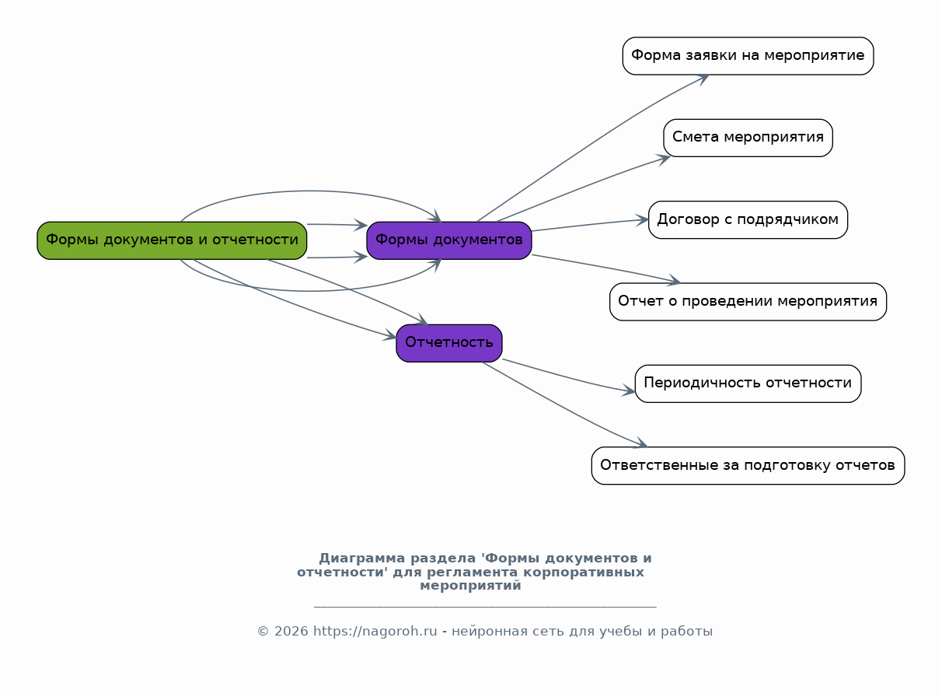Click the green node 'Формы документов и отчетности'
click(172, 240)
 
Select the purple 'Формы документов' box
click(449, 240)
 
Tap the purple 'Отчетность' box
click(449, 343)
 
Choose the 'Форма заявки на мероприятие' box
click(748, 56)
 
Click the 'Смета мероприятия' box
click(748, 138)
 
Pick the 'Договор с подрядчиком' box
click(748, 220)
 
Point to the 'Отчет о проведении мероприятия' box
click(748, 302)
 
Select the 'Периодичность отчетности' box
click(748, 384)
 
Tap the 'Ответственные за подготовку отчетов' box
click(748, 466)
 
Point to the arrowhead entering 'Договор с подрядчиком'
click(642, 220)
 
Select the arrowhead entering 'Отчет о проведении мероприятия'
click(674, 280)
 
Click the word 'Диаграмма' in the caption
click(361, 558)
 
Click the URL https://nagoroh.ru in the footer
click(375, 631)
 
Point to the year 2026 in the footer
click(291, 631)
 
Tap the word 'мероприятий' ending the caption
click(470, 586)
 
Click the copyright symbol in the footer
click(263, 631)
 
